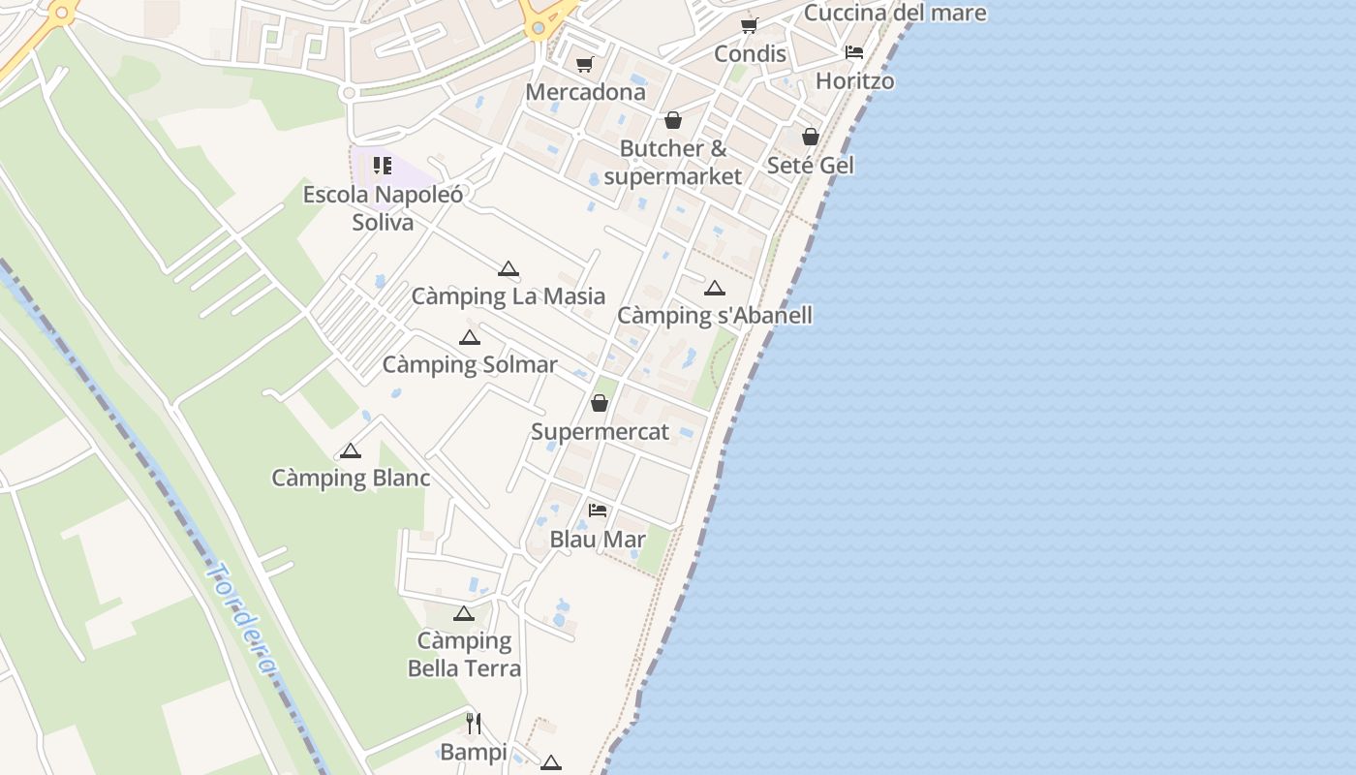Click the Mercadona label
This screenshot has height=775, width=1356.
pyautogui.click(x=585, y=92)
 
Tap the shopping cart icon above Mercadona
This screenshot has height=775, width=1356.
pyautogui.click(x=584, y=65)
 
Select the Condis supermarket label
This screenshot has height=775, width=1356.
pyautogui.click(x=750, y=53)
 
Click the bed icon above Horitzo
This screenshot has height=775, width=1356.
pyautogui.click(x=853, y=52)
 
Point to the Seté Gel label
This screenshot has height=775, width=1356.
pyautogui.click(x=811, y=165)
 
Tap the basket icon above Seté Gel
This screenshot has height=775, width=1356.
pyautogui.click(x=811, y=137)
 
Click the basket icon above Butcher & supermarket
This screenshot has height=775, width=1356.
pyautogui.click(x=672, y=120)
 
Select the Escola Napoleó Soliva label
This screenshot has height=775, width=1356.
pyautogui.click(x=383, y=208)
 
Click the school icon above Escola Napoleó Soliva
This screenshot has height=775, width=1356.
pyautogui.click(x=383, y=166)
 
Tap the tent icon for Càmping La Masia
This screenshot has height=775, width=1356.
pyautogui.click(x=508, y=268)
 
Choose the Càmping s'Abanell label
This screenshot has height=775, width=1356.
pyautogui.click(x=715, y=315)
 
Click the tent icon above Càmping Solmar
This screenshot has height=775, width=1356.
pyautogui.click(x=470, y=337)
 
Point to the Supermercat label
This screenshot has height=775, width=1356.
pyautogui.click(x=600, y=431)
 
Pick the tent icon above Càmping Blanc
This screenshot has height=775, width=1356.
pyautogui.click(x=350, y=450)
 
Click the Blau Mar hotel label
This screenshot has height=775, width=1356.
pyautogui.click(x=598, y=539)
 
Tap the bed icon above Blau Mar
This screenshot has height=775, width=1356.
pyautogui.click(x=598, y=510)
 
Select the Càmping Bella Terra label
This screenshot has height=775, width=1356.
pyautogui.click(x=464, y=654)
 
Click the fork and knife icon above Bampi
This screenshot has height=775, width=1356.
pyautogui.click(x=474, y=723)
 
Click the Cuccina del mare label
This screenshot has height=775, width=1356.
pyautogui.click(x=895, y=13)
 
